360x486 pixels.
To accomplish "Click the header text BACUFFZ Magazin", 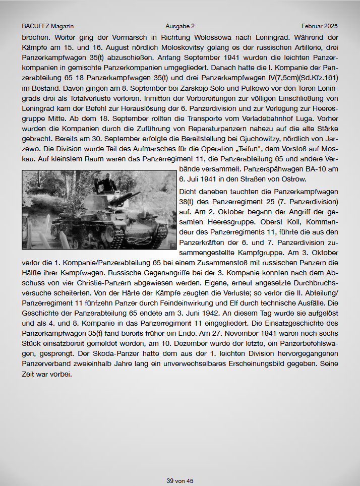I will click(48, 26).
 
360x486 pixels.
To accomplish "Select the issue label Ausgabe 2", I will click(180, 26).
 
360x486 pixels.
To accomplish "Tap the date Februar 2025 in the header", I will click(320, 26).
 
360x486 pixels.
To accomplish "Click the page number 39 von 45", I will click(180, 481).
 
